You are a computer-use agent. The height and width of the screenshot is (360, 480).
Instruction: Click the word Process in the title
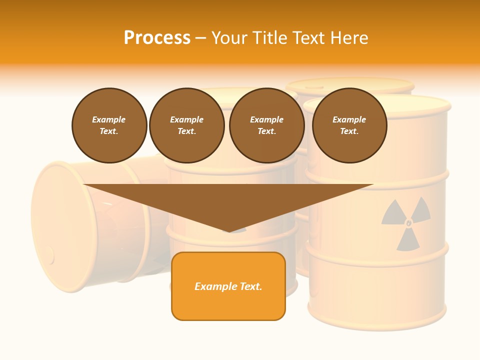click(157, 38)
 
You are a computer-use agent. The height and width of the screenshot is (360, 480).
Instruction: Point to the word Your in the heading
click(230, 38)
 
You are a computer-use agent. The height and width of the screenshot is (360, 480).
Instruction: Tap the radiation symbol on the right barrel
click(406, 222)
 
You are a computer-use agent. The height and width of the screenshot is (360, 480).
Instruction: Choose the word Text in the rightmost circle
click(349, 131)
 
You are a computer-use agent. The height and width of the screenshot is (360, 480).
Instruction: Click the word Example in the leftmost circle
click(109, 119)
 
